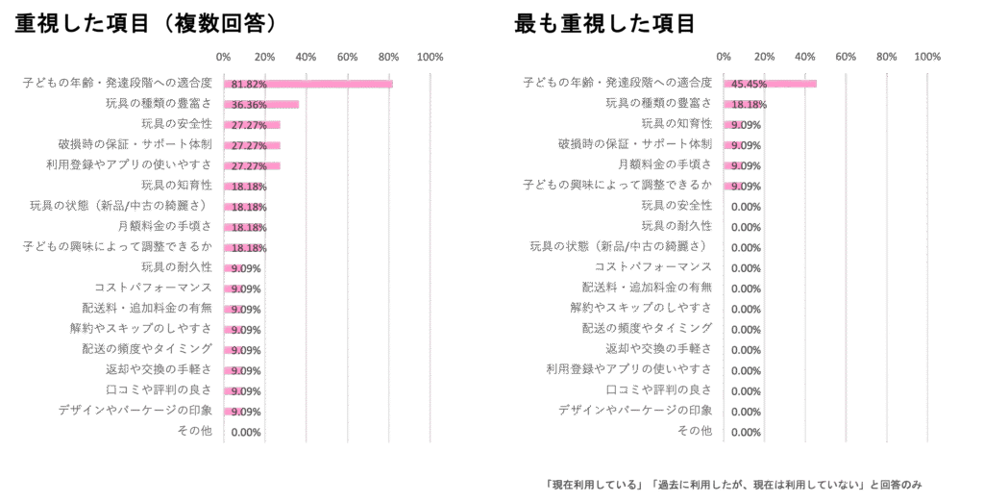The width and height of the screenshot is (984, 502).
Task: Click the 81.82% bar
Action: click(x=307, y=84)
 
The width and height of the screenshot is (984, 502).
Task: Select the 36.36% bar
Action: click(x=260, y=104)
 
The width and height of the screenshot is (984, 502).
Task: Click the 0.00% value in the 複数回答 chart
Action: click(x=247, y=432)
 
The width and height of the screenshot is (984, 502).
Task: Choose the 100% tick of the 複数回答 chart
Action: click(x=430, y=57)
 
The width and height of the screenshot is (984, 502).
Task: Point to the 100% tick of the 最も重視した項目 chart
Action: click(x=927, y=57)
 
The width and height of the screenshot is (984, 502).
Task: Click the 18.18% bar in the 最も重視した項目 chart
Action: click(x=739, y=104)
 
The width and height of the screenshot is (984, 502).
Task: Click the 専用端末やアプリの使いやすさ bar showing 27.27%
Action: click(x=252, y=165)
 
